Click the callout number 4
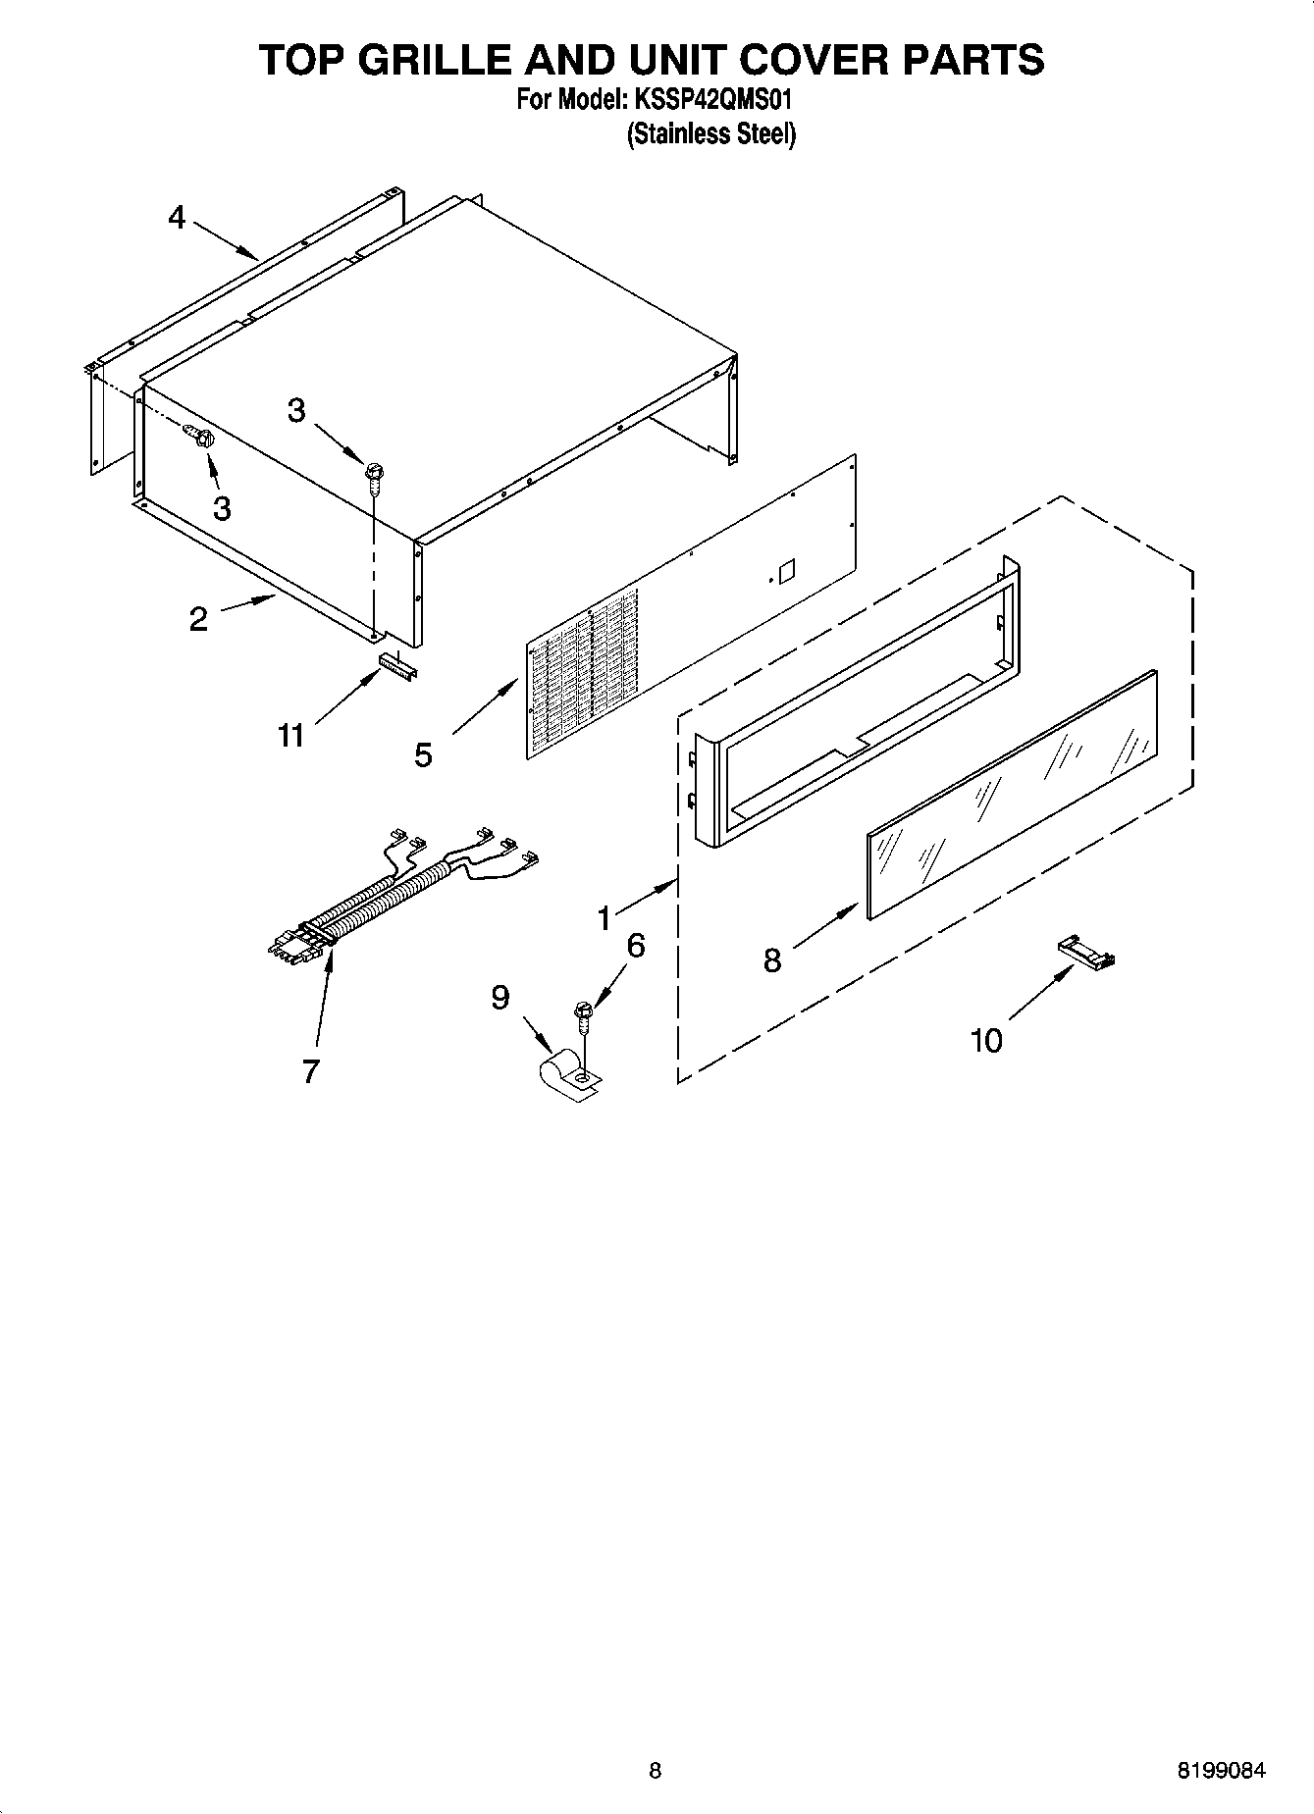(x=176, y=217)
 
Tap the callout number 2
(x=198, y=619)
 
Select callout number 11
(x=290, y=735)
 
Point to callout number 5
(x=423, y=754)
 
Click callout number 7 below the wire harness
(x=310, y=1071)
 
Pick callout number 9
(x=500, y=998)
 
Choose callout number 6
(x=636, y=946)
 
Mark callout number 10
(x=986, y=1040)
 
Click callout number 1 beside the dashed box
(x=605, y=918)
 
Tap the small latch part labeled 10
(x=1087, y=953)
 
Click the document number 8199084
(x=1221, y=1771)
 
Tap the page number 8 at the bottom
(x=656, y=1771)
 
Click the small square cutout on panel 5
(x=784, y=570)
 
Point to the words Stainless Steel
(x=711, y=134)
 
